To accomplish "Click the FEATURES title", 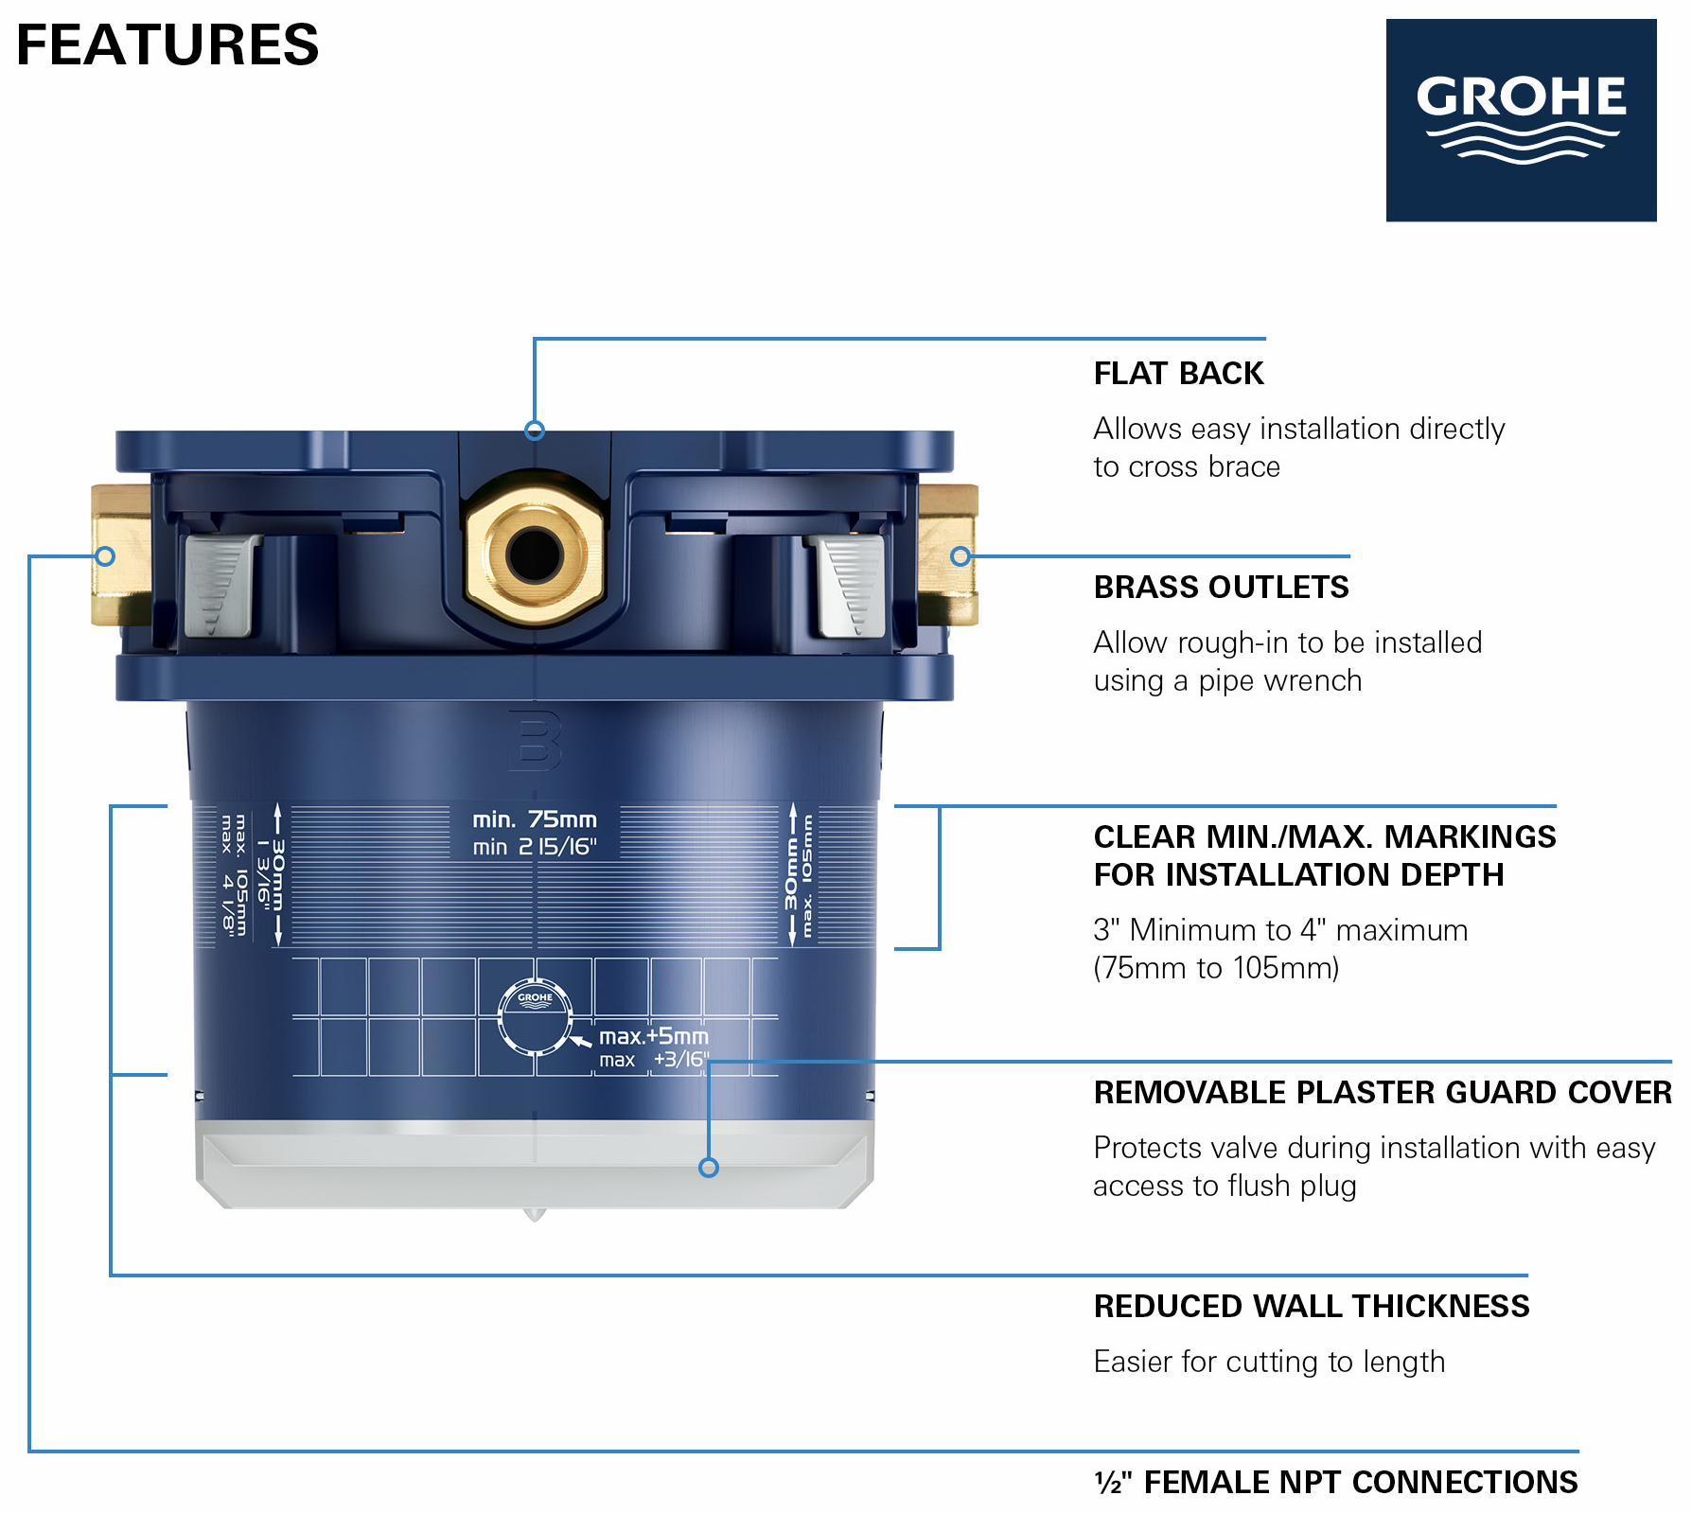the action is click(x=167, y=44).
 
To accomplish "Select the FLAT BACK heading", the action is click(x=1178, y=373).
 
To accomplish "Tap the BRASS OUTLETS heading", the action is click(x=1221, y=587).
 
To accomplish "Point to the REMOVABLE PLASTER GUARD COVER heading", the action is click(x=1383, y=1092).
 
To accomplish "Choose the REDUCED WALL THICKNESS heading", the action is click(x=1312, y=1306).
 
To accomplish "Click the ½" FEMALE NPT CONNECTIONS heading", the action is click(x=1336, y=1482).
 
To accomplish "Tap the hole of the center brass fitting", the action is click(x=535, y=554).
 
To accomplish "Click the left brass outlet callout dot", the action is click(x=105, y=556).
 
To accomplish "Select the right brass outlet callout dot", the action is click(x=961, y=556).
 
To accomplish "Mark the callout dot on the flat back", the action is click(x=535, y=431).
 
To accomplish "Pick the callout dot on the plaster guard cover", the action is click(x=709, y=1168).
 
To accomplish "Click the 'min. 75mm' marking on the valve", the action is click(x=535, y=819).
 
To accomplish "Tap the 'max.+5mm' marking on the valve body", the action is click(x=653, y=1036).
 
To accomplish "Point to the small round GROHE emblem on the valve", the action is click(x=535, y=1016).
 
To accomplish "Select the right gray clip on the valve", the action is click(x=847, y=585).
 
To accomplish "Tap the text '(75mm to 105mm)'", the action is click(x=1216, y=968).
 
